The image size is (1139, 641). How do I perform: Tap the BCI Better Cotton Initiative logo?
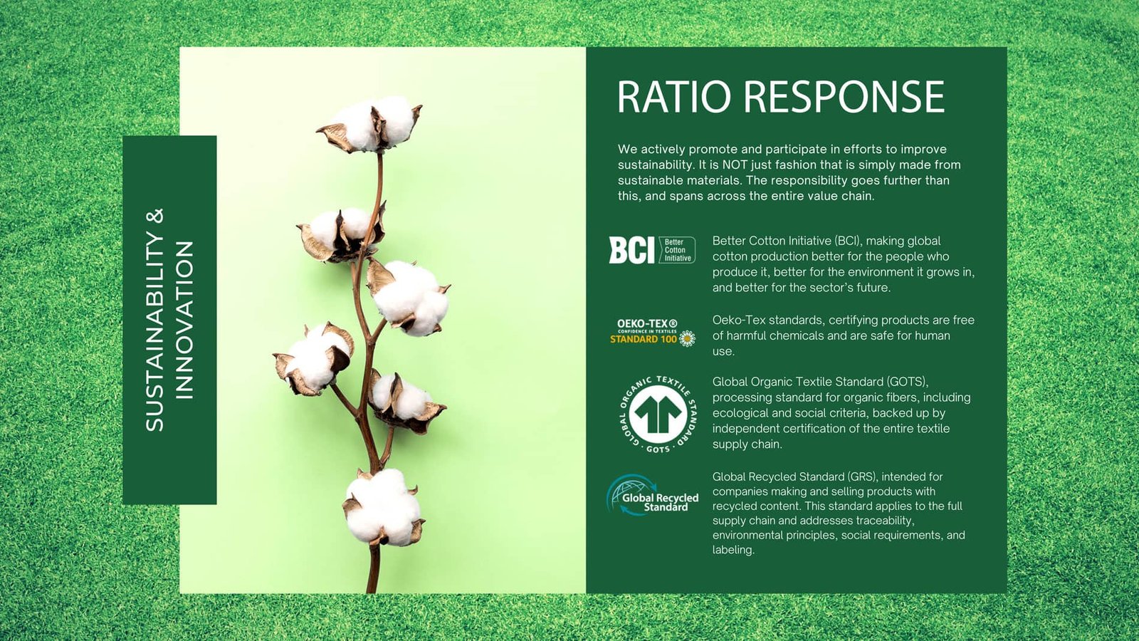click(652, 250)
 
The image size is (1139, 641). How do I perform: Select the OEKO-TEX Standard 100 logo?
click(652, 333)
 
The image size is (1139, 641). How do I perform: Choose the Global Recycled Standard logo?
click(652, 495)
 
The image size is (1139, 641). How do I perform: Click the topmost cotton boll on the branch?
click(370, 124)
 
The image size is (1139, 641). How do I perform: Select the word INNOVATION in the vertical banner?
click(184, 320)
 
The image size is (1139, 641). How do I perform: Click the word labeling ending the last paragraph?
click(733, 550)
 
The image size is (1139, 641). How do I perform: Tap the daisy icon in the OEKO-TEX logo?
click(688, 339)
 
